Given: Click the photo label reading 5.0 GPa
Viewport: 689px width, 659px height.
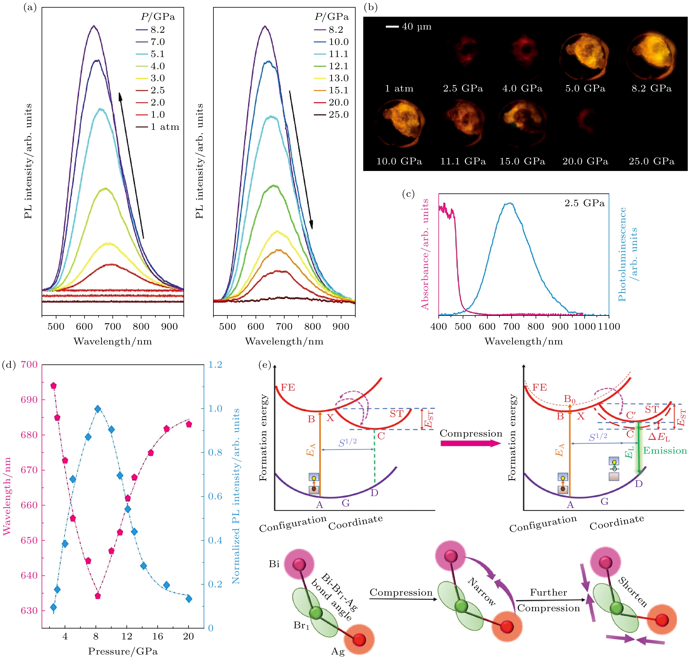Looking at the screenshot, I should (585, 89).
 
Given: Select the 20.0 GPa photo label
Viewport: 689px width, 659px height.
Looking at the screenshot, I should (585, 162).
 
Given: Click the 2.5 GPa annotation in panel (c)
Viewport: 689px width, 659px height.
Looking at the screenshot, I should (584, 203).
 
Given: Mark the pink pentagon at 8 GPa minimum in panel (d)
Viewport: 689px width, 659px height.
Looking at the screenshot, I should (98, 596).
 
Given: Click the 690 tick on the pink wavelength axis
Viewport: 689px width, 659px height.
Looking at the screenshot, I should (29, 400).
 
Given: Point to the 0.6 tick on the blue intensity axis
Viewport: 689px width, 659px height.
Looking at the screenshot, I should (215, 496).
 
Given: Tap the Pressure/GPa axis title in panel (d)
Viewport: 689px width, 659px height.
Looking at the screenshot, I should (123, 651).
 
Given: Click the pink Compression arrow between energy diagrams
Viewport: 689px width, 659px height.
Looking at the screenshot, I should (471, 443).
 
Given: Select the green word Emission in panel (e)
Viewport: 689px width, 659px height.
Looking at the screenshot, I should (665, 451).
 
